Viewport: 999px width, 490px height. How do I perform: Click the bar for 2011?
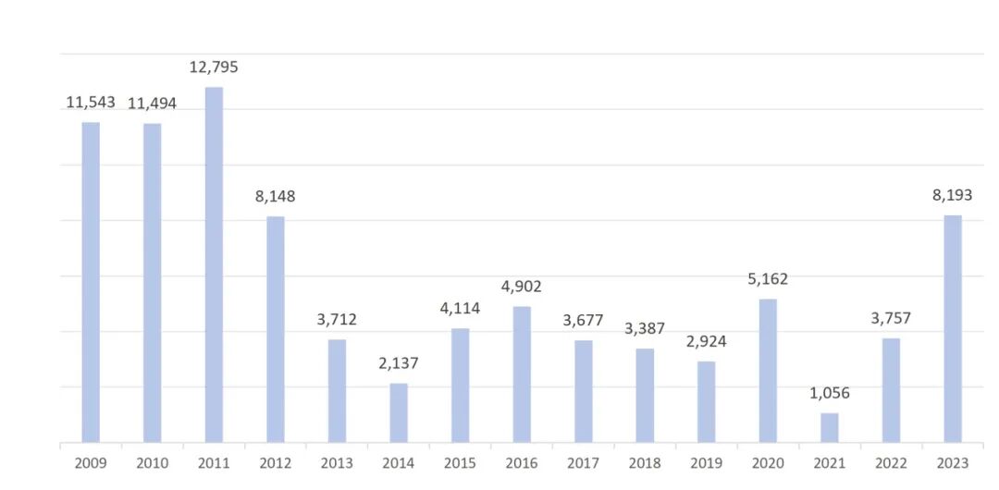pyautogui.click(x=214, y=264)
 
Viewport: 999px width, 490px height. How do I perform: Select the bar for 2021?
pyautogui.click(x=830, y=427)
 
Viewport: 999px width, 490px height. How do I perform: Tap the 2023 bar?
pyautogui.click(x=953, y=329)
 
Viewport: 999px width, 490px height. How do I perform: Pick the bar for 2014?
pyautogui.click(x=399, y=413)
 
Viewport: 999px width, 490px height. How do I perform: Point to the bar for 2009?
pyautogui.click(x=91, y=282)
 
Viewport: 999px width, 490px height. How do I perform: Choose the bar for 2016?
pyautogui.click(x=522, y=374)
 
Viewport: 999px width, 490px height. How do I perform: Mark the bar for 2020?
pyautogui.click(x=768, y=371)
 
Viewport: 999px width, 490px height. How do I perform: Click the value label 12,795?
pyautogui.click(x=214, y=67)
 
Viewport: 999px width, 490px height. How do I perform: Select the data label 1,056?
pyautogui.click(x=830, y=393)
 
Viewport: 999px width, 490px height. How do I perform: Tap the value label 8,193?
pyautogui.click(x=953, y=196)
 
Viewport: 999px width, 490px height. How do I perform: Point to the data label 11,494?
pyautogui.click(x=153, y=104)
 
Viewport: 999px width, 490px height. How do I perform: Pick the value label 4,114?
pyautogui.click(x=460, y=309)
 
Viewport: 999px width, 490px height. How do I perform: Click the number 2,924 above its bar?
pyautogui.click(x=706, y=341)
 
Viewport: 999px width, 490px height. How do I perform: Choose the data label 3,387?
pyautogui.click(x=645, y=329)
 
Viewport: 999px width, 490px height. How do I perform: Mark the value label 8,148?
pyautogui.click(x=276, y=196)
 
